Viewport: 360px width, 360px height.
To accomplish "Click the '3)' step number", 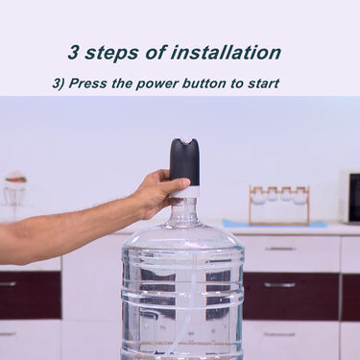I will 60,84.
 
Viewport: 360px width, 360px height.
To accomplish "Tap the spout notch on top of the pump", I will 184,145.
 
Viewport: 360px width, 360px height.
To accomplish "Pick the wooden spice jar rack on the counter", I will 278,204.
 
